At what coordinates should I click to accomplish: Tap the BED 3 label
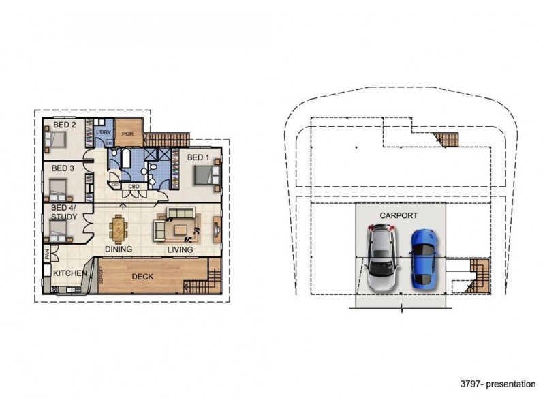63,168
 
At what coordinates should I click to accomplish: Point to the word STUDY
63,217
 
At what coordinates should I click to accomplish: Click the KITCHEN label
69,274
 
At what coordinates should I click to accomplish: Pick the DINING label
118,250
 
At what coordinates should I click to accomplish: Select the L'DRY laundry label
104,131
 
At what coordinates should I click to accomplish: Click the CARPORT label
399,215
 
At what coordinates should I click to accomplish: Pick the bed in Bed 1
206,175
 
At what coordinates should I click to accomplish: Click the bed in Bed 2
57,141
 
